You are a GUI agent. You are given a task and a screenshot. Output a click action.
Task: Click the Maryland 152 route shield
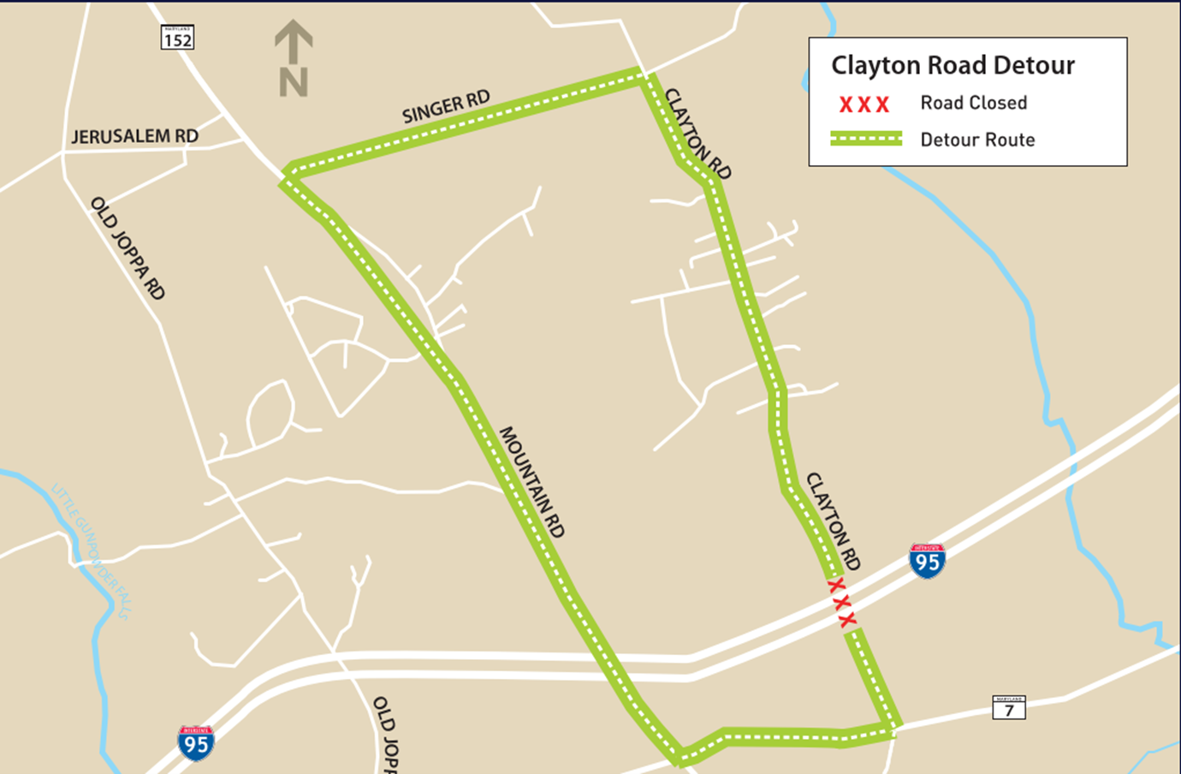177,38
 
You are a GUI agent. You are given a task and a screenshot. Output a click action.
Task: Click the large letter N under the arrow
294,83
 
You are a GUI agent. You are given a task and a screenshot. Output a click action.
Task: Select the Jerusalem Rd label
134,136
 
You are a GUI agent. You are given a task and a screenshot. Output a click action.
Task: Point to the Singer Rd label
446,107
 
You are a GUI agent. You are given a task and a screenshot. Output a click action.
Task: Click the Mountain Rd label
531,482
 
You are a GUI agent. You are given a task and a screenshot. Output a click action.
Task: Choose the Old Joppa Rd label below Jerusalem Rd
128,248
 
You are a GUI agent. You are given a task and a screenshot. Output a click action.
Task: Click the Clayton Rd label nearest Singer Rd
698,134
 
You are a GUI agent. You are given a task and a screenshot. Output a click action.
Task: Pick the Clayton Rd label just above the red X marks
833,521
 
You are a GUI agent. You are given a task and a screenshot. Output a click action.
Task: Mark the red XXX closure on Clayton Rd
841,602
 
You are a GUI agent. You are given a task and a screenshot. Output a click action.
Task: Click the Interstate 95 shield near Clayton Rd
927,561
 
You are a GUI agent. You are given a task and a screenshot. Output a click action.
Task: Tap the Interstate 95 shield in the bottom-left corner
196,743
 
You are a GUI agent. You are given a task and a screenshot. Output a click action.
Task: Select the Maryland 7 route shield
1009,707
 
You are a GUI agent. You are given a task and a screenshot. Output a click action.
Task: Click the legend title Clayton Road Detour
953,65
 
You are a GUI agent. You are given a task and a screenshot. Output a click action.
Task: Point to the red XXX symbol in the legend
864,104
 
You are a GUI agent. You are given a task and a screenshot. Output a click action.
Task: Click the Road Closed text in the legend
973,103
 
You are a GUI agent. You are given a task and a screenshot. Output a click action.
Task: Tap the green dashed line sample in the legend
866,139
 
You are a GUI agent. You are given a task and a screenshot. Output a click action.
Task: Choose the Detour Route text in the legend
977,140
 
